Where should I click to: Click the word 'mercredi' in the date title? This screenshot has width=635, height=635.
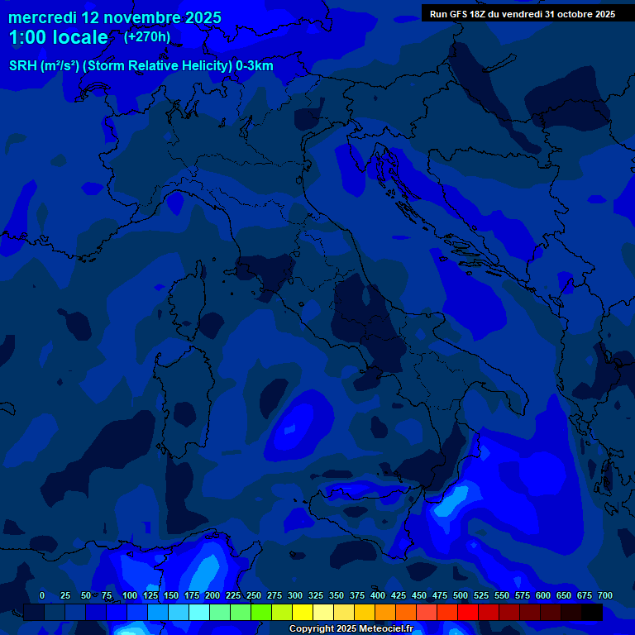(42, 17)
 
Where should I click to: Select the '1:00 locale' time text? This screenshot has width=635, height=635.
(58, 37)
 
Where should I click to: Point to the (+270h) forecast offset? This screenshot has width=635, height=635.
(147, 36)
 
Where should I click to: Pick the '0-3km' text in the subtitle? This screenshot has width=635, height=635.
(255, 66)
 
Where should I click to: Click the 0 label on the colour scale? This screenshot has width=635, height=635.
(42, 595)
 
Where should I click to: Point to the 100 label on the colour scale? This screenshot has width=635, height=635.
(130, 595)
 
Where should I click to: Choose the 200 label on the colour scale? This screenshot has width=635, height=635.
(212, 595)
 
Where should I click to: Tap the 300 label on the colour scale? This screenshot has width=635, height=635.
(295, 595)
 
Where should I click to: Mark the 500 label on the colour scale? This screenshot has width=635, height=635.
(461, 595)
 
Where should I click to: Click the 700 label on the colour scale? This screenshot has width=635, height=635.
(605, 595)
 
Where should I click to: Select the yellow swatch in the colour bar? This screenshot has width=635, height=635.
(303, 613)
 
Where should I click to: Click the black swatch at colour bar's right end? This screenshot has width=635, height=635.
(592, 613)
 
